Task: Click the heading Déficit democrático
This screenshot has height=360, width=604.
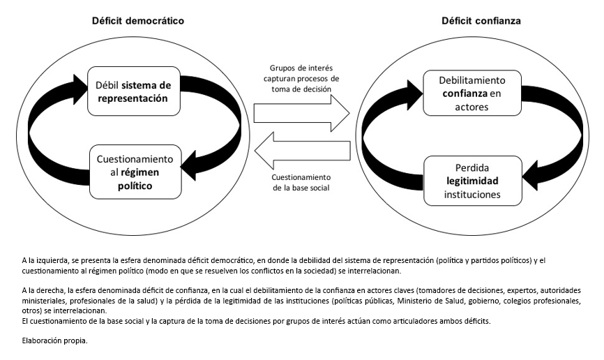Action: click(138, 21)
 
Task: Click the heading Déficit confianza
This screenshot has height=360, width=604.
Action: click(481, 21)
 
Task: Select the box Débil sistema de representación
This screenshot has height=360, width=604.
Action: click(134, 91)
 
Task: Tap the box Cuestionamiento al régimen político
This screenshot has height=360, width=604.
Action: click(135, 172)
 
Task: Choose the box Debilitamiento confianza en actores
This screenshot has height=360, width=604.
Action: click(472, 93)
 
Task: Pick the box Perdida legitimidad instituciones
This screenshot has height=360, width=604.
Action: click(473, 181)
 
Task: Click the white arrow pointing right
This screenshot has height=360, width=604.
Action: click(301, 113)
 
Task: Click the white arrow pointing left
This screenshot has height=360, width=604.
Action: click(303, 151)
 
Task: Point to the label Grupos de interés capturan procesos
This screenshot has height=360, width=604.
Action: click(301, 79)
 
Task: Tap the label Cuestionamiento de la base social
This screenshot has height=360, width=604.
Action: click(301, 183)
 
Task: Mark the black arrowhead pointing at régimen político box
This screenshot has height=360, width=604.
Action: click(188, 166)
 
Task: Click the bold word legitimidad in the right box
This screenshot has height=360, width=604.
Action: click(472, 181)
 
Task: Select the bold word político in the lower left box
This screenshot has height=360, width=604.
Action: click(135, 186)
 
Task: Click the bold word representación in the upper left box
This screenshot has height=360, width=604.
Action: click(133, 98)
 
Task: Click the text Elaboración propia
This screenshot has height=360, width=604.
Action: click(54, 340)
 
